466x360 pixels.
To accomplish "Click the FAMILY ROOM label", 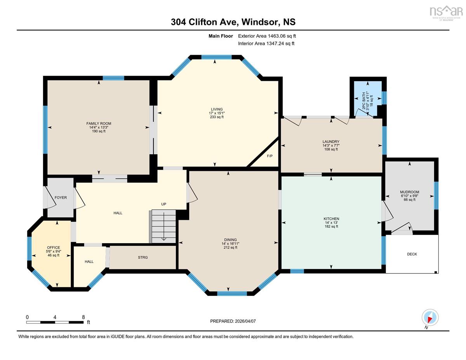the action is [x=99, y=123].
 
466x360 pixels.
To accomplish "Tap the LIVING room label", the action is [x=217, y=109].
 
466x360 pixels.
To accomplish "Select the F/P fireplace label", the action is [x=270, y=156].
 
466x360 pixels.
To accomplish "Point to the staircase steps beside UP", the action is [x=163, y=226].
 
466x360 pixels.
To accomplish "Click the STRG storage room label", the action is [x=143, y=257].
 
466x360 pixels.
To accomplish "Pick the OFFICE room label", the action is [x=54, y=247].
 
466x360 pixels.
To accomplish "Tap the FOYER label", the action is [x=61, y=197].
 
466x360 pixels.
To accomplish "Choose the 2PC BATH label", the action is [x=364, y=101].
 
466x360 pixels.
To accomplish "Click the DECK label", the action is [x=412, y=254].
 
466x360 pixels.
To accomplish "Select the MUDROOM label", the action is [x=409, y=192].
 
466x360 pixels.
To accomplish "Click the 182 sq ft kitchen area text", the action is [x=331, y=226].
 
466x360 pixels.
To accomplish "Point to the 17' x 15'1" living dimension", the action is [x=217, y=113].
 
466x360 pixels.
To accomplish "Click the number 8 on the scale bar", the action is [x=83, y=317].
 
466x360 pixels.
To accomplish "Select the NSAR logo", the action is [x=446, y=11].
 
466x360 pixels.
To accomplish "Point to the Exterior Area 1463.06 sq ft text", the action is [x=267, y=36].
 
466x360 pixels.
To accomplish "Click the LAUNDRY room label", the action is [x=331, y=141].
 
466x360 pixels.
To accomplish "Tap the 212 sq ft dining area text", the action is [x=230, y=247].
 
